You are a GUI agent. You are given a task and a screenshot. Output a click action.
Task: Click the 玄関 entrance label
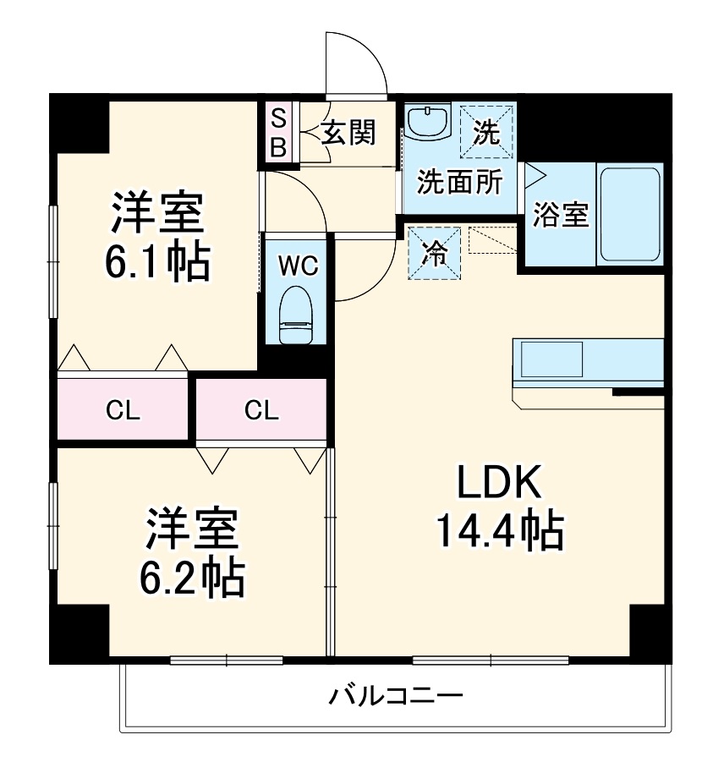pos(348,132)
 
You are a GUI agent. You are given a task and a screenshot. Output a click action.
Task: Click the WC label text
pos(298,266)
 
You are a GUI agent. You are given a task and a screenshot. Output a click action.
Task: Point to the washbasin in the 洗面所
pos(427,122)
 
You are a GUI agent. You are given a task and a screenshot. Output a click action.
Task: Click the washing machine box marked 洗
pos(486,131)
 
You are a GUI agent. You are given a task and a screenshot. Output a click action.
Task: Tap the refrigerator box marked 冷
pos(435,252)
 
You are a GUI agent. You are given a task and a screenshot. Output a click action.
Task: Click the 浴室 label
pos(560,215)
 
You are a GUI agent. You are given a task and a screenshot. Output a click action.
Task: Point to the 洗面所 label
pos(461,183)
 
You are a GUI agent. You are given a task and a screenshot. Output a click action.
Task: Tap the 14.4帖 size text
pos(499,530)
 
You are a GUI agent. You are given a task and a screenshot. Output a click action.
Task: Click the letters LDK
pos(499,484)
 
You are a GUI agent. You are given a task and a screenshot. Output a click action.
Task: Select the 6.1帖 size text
pos(157,262)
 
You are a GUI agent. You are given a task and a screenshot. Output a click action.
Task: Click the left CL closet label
pos(123,410)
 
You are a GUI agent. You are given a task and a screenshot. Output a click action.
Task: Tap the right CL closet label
pos(261,410)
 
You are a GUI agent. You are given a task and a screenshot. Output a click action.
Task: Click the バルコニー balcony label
pos(397,697)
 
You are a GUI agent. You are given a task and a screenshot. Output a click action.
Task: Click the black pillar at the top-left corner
pos(78,123)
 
